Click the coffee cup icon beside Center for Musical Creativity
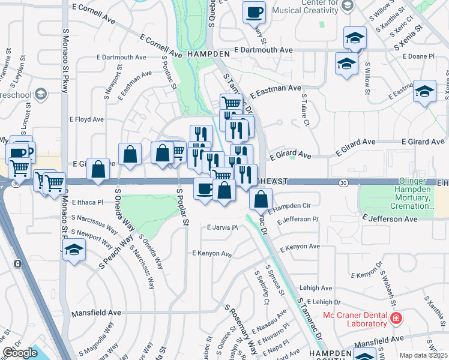pos(254,11)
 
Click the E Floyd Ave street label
pos(87,119)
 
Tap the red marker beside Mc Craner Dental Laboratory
pos(395,317)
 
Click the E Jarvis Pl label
pos(222,227)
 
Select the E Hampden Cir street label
pos(289,206)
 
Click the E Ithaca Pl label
pos(88,203)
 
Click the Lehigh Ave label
pos(318,288)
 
